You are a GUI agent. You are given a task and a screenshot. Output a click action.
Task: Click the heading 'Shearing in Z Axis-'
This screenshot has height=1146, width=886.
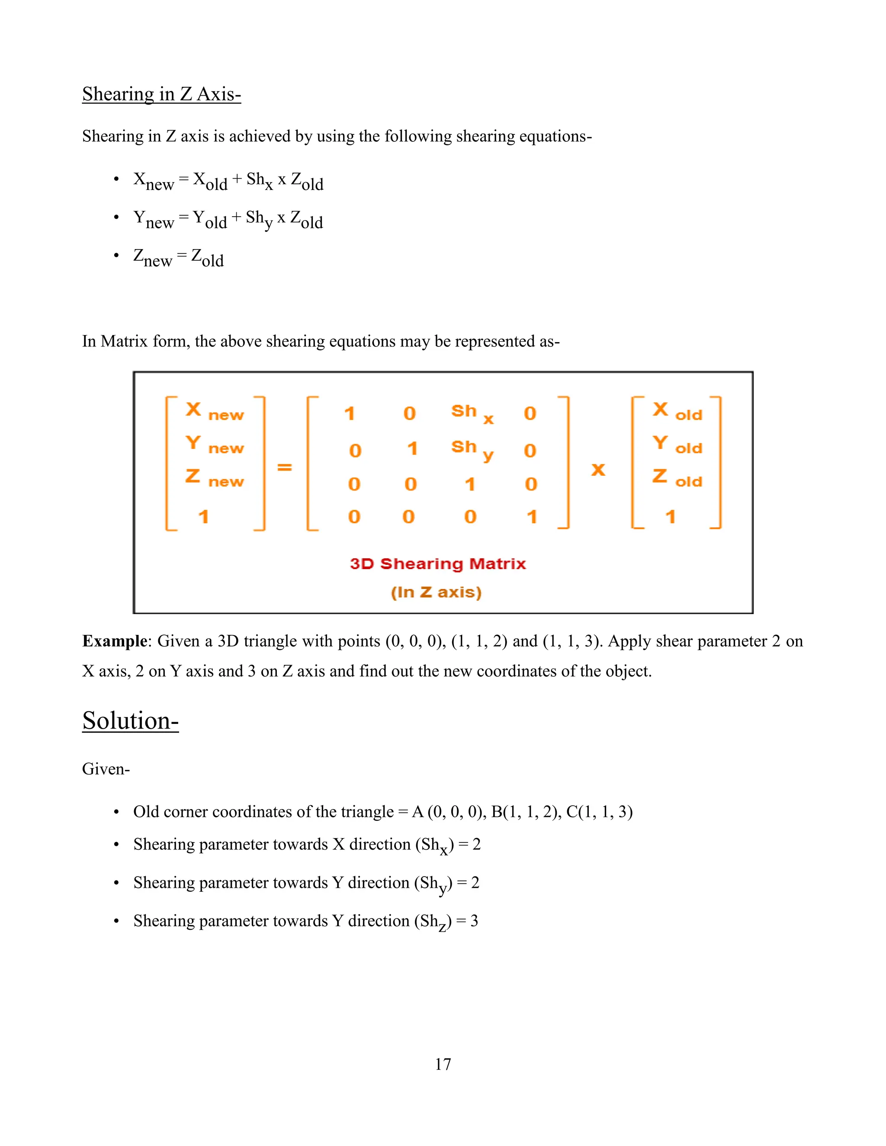click(x=161, y=94)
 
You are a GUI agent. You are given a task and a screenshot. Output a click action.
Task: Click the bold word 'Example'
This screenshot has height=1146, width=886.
click(x=114, y=641)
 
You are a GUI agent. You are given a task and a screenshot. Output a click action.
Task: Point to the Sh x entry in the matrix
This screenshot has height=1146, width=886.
click(x=472, y=413)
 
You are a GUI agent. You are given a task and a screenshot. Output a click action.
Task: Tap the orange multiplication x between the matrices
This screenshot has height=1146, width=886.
click(x=598, y=469)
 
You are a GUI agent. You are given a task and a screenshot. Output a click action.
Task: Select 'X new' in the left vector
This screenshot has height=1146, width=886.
click(x=214, y=411)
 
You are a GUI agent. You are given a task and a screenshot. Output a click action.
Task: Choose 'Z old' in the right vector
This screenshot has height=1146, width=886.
click(x=677, y=478)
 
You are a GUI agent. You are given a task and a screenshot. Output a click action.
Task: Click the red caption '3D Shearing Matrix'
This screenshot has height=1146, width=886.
click(x=437, y=563)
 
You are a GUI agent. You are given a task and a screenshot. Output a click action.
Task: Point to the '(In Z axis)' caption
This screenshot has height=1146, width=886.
click(x=436, y=592)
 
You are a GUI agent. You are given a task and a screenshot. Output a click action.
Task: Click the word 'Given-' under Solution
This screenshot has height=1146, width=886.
click(x=106, y=769)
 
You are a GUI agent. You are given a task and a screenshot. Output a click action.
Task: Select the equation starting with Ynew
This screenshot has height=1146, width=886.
click(x=228, y=219)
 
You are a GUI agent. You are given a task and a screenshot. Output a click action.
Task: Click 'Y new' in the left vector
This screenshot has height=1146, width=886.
click(x=214, y=445)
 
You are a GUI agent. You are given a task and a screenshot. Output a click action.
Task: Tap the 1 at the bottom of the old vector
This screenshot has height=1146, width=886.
click(x=670, y=517)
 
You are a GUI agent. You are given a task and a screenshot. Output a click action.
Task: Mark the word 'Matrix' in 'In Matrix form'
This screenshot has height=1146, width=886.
click(x=124, y=341)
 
